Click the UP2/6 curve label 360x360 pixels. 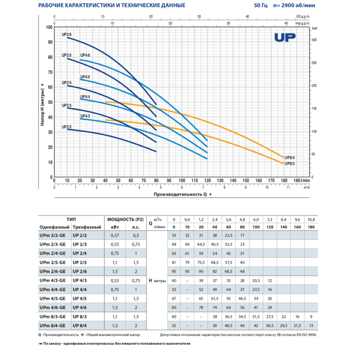click(67, 35)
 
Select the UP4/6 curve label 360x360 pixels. click(85, 55)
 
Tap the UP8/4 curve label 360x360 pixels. click(290, 157)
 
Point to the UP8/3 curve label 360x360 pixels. click(290, 164)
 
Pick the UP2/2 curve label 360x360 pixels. click(67, 127)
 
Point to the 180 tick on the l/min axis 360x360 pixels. click(284, 181)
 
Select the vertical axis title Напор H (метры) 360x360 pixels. click(42, 104)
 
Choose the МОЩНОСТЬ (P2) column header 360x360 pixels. click(126, 219)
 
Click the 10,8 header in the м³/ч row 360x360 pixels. click(311, 219)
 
